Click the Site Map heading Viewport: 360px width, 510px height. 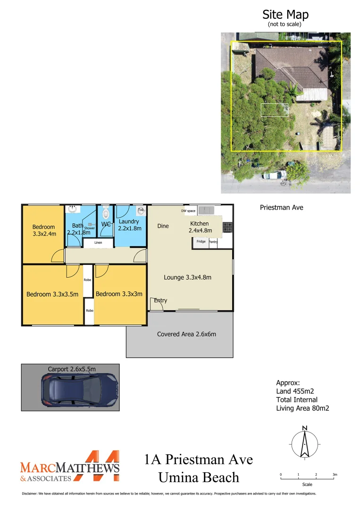(x=285, y=15)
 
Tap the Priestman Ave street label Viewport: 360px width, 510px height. (x=281, y=207)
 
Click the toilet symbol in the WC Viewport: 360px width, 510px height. (x=106, y=211)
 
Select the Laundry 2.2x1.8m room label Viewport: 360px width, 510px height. (x=129, y=225)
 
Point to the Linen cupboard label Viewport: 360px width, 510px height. (x=98, y=243)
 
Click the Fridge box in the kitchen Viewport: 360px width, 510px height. (x=201, y=242)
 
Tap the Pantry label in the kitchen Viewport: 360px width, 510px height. (x=213, y=242)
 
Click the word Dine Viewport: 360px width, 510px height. (x=163, y=226)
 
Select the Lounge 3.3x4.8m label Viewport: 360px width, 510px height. (x=187, y=277)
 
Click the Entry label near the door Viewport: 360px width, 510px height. (x=160, y=300)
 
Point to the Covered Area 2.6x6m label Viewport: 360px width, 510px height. (x=186, y=334)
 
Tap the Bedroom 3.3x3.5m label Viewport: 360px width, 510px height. (x=52, y=294)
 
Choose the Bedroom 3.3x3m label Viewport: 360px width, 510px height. (x=119, y=294)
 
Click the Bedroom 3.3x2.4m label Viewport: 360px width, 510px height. (x=44, y=230)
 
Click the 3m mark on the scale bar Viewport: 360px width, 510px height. (x=335, y=475)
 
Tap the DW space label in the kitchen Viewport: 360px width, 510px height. (x=188, y=211)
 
